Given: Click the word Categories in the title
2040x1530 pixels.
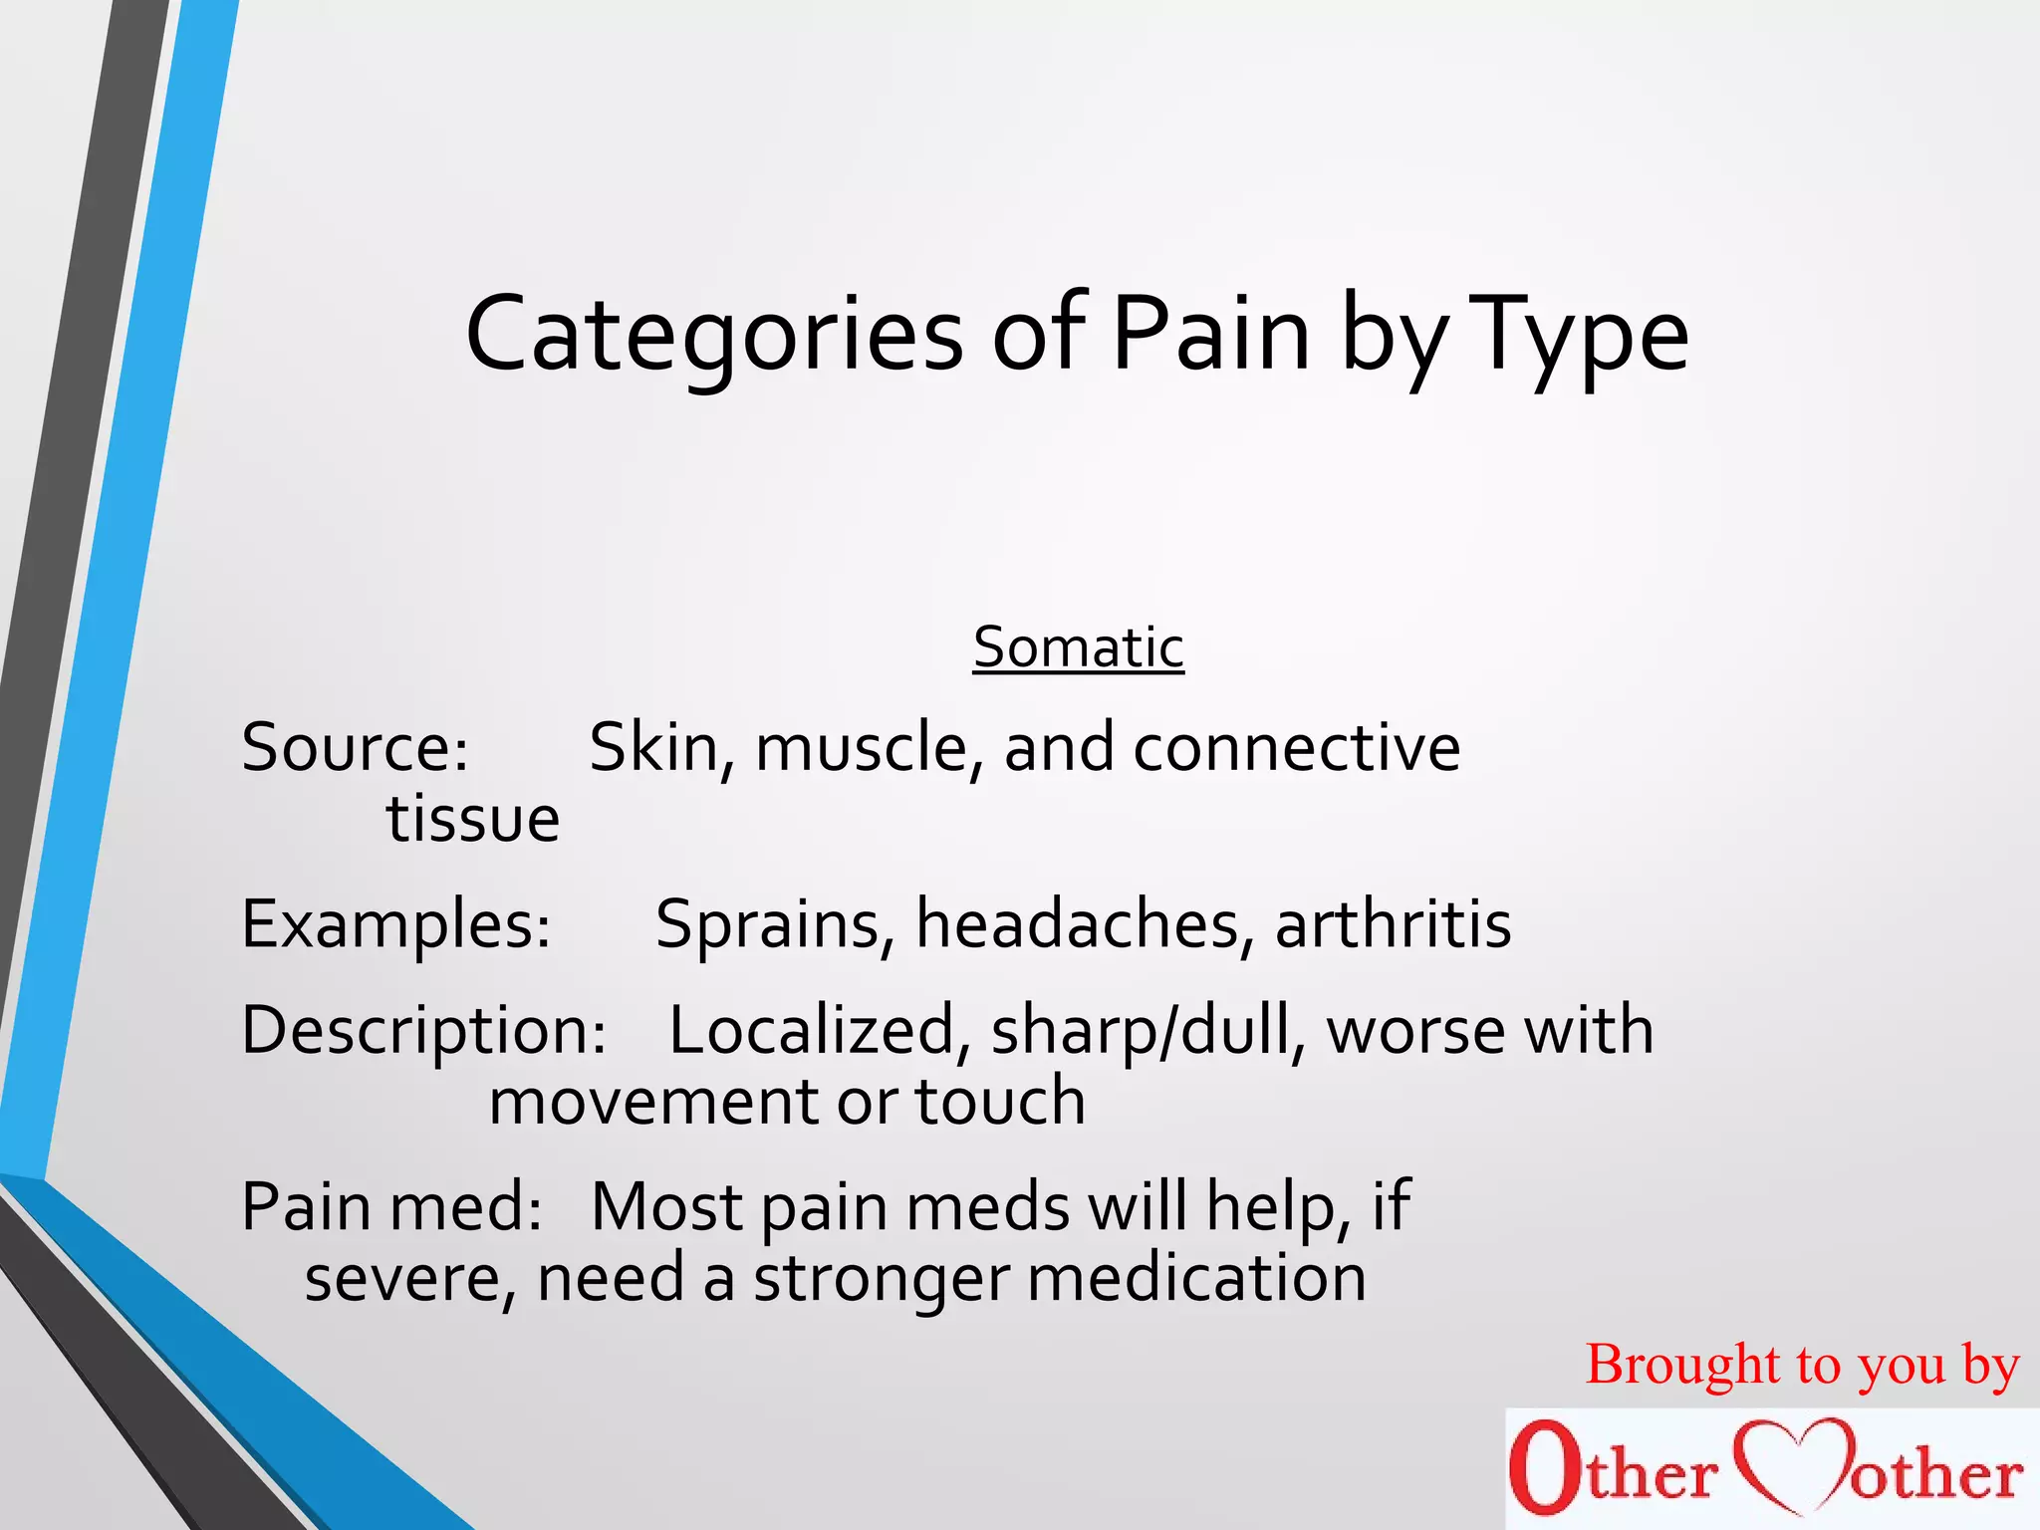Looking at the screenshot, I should click(713, 335).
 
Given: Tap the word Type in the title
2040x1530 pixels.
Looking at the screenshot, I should click(1580, 337).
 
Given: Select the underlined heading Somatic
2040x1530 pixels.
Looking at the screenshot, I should click(1078, 647).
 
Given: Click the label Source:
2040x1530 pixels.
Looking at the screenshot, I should click(355, 747).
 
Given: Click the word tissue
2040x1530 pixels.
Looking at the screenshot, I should click(473, 819).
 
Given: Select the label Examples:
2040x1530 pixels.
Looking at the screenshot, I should click(395, 924).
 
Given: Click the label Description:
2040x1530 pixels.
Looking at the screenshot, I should click(423, 1030).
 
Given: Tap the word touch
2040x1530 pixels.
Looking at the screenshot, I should click(999, 1102).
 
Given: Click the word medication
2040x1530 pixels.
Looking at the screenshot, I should click(1196, 1279).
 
